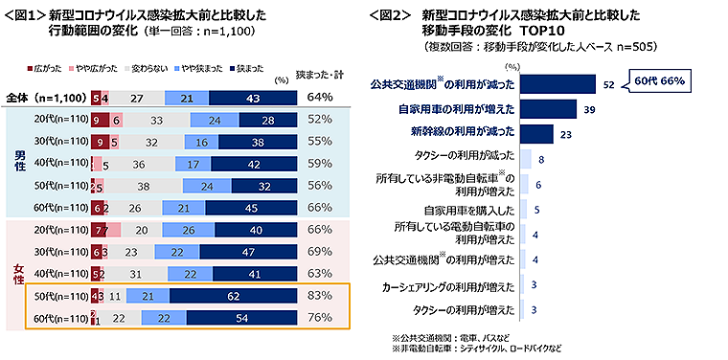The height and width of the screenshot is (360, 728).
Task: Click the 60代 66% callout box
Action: pyautogui.click(x=657, y=81)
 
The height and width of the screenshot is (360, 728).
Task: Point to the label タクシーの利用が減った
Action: pyautogui.click(x=462, y=156)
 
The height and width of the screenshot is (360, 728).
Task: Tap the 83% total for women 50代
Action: pyautogui.click(x=320, y=298)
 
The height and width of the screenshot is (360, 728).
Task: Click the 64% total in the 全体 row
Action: pyautogui.click(x=320, y=97)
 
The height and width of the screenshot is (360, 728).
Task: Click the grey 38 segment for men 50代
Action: pyautogui.click(x=142, y=187)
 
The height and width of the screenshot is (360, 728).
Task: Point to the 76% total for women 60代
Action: pyautogui.click(x=320, y=319)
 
